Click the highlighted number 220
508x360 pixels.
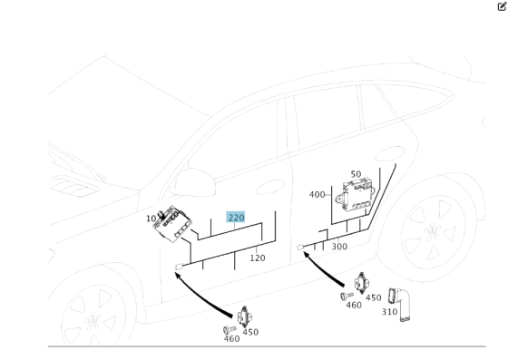pyautogui.click(x=236, y=218)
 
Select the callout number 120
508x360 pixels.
pyautogui.click(x=258, y=258)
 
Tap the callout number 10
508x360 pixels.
pyautogui.click(x=151, y=219)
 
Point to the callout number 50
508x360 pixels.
pyautogui.click(x=356, y=174)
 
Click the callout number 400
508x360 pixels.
pyautogui.click(x=317, y=195)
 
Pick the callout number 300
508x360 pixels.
pyautogui.click(x=339, y=247)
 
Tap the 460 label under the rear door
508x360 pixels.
pyautogui.click(x=354, y=306)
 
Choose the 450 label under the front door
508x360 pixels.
pyautogui.click(x=250, y=332)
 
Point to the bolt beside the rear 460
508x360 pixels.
pyautogui.click(x=346, y=295)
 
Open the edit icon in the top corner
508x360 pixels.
pyautogui.click(x=502, y=6)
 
